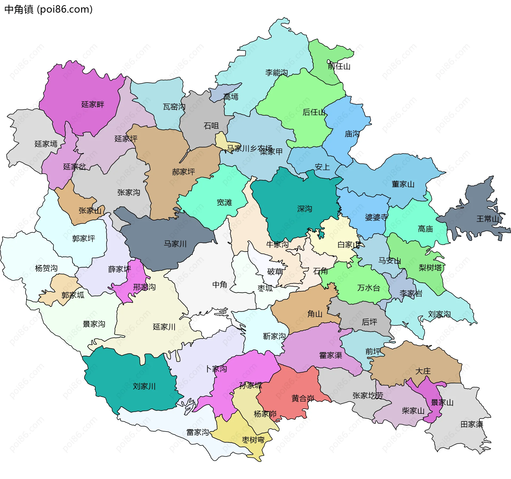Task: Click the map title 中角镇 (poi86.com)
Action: tap(48, 10)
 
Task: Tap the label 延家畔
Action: tap(93, 104)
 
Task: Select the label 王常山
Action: tap(488, 219)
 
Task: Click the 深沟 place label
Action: tap(304, 209)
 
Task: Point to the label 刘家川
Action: tap(144, 386)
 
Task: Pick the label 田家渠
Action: tap(472, 424)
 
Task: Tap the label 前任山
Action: tap(339, 66)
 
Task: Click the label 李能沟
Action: tap(277, 72)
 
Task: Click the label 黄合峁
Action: tap(303, 398)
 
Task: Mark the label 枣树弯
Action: tap(253, 440)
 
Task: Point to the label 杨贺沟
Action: tap(46, 268)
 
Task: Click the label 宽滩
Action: tap(224, 202)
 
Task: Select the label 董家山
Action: tap(403, 184)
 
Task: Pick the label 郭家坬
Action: tap(73, 295)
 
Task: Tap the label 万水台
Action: tap(368, 288)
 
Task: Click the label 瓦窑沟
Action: tap(174, 107)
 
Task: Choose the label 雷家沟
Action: tap(197, 432)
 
